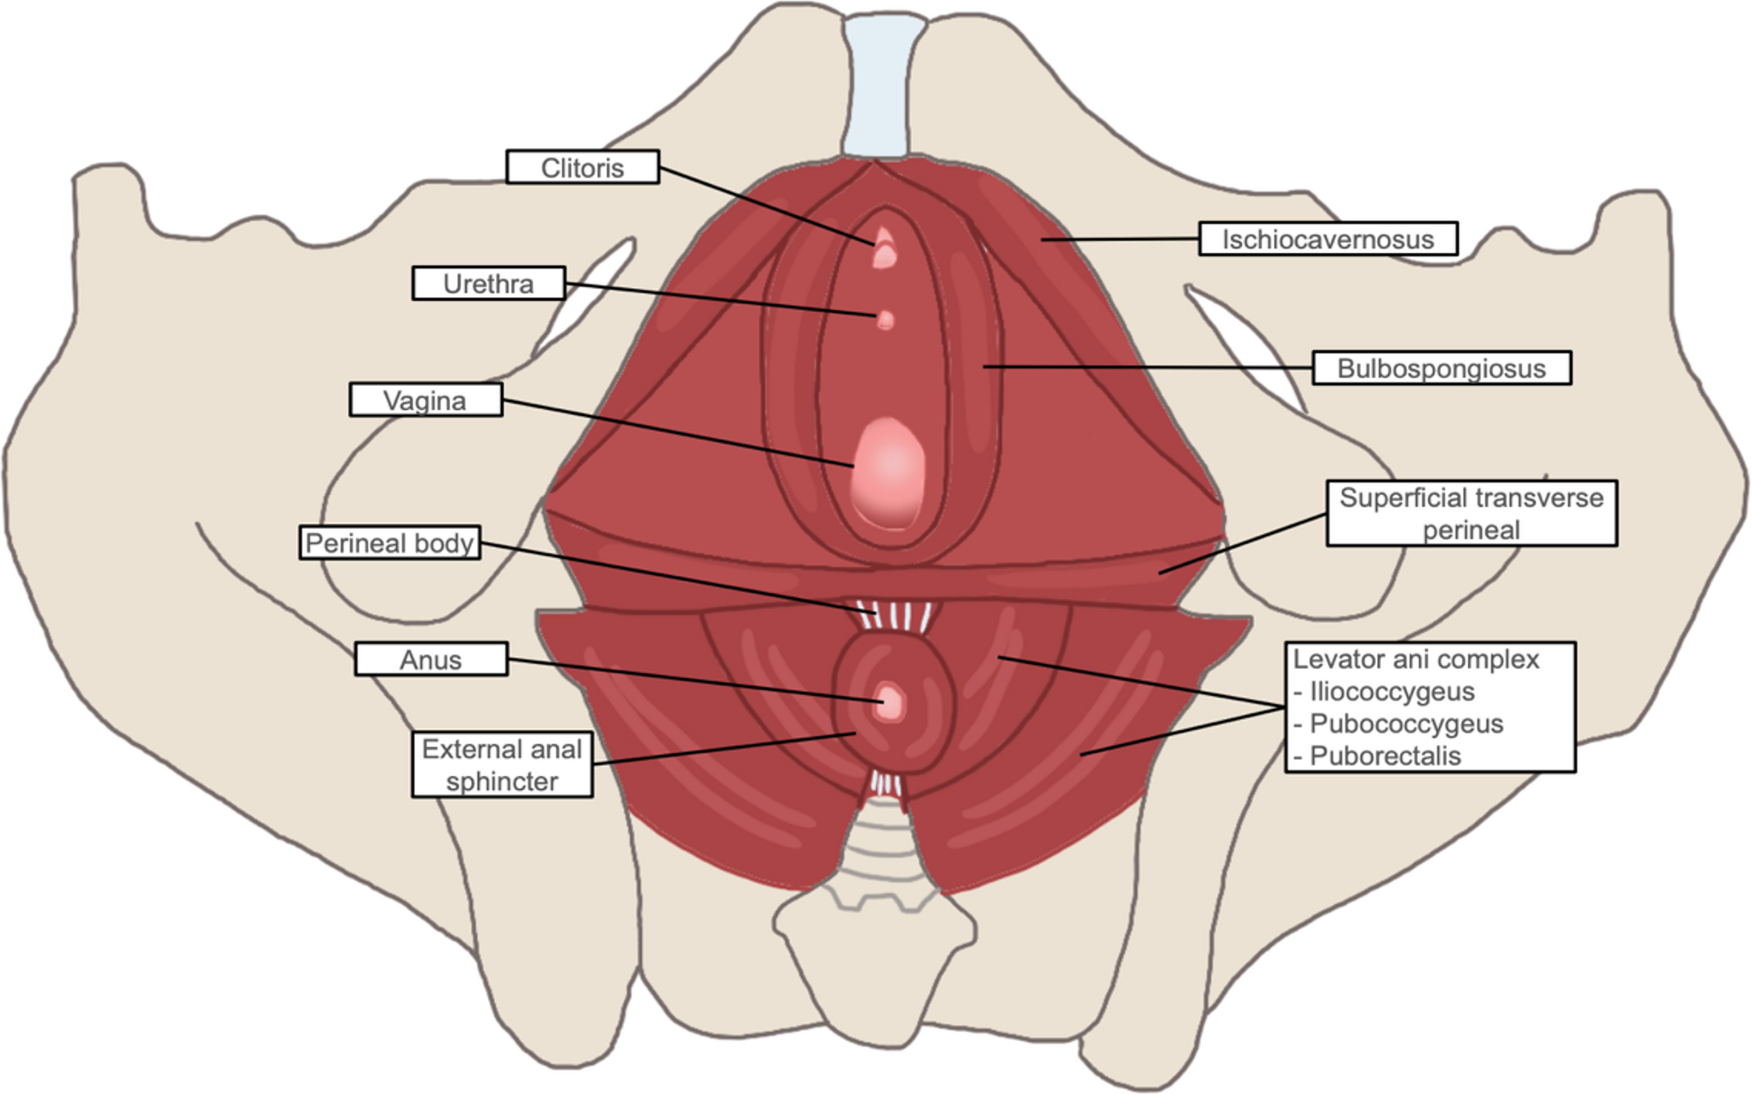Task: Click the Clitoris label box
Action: (x=582, y=167)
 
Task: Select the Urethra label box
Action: (x=488, y=283)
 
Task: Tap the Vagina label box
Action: (x=425, y=400)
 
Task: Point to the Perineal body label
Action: (x=389, y=543)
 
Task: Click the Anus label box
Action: (x=431, y=659)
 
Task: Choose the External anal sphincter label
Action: (x=502, y=764)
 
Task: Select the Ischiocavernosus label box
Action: (x=1328, y=239)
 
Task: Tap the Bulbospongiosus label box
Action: (x=1441, y=368)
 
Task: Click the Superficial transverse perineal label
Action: (x=1471, y=513)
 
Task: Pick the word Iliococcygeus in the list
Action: (x=1392, y=691)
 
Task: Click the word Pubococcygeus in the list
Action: (x=1406, y=723)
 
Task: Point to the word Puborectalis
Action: (x=1385, y=756)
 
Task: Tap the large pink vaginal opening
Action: (x=888, y=473)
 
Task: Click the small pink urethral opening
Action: (x=885, y=320)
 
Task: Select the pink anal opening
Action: (x=890, y=703)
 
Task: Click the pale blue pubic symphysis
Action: (x=885, y=85)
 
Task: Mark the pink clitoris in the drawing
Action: (x=885, y=247)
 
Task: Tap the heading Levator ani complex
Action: (x=1416, y=659)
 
